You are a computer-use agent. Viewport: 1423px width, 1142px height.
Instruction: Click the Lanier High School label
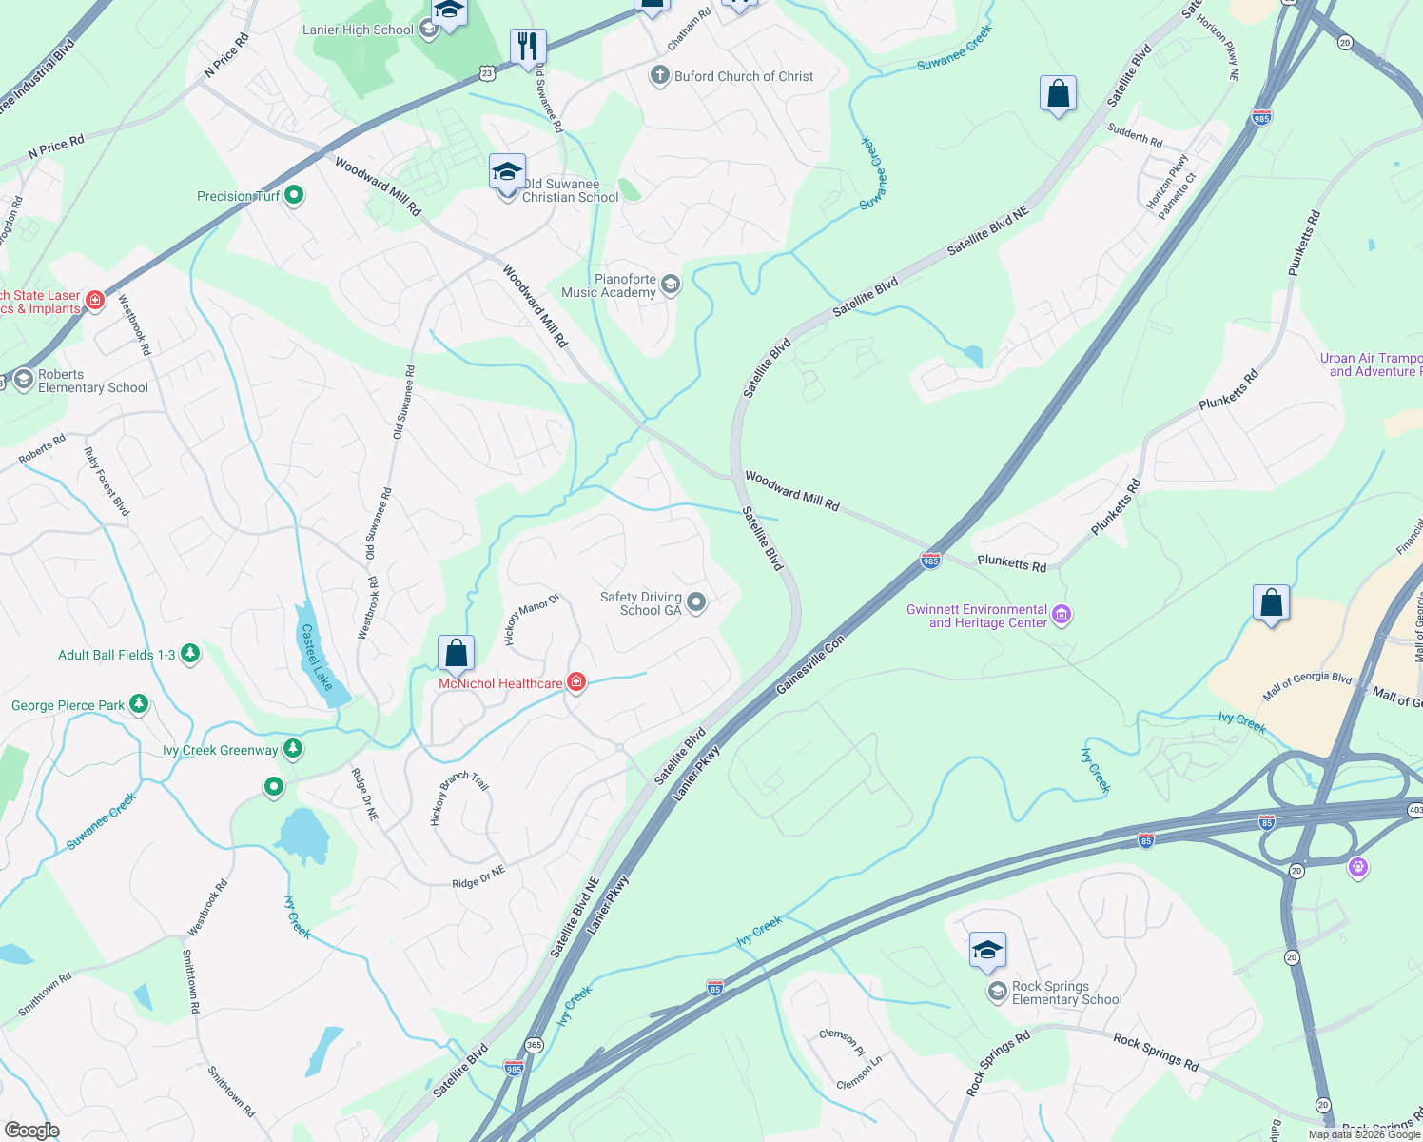click(358, 30)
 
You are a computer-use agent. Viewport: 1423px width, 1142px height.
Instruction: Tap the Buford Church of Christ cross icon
click(659, 75)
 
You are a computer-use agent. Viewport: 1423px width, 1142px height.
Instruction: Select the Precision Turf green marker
click(294, 195)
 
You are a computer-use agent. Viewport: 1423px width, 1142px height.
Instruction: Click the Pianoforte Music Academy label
click(609, 285)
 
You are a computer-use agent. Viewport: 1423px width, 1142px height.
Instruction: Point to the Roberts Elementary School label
click(92, 381)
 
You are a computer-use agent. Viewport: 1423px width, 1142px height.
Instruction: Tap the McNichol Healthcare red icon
click(575, 681)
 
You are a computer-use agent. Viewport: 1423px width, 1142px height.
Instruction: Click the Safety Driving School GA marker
click(696, 601)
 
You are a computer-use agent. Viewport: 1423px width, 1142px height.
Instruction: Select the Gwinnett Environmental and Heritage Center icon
click(1062, 615)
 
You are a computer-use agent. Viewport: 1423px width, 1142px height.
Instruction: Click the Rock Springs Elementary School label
click(1066, 993)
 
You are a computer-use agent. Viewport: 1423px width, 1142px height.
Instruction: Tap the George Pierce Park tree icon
click(139, 704)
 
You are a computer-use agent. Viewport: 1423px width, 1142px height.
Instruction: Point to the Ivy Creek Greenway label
click(220, 750)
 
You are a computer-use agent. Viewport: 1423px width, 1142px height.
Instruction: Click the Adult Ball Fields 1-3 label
click(116, 655)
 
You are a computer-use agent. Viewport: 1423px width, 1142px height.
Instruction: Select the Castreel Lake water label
click(316, 657)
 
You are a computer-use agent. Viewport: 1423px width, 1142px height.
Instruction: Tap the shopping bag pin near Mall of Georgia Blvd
click(1271, 603)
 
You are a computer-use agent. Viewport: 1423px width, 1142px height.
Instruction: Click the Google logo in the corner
click(31, 1130)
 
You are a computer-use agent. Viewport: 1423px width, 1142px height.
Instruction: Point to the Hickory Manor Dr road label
click(531, 619)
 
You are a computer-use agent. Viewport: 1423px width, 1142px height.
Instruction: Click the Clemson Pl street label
click(842, 1042)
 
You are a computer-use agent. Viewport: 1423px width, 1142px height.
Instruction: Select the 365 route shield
click(534, 1045)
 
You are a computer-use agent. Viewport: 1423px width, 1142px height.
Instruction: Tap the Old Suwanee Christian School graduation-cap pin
click(507, 173)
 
